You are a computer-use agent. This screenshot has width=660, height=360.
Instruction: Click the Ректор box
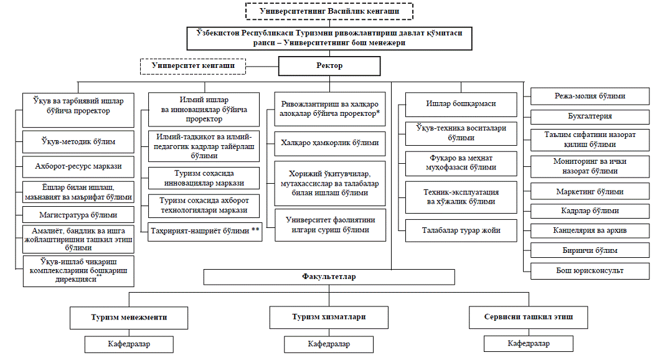[x=329, y=66]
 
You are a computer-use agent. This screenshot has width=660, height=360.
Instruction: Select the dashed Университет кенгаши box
[x=192, y=65]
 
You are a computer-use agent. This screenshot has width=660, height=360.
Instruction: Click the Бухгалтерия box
[x=589, y=116]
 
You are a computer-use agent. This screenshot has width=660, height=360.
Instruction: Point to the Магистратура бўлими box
[x=78, y=216]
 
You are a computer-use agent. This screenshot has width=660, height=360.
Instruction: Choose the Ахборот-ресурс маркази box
[x=78, y=166]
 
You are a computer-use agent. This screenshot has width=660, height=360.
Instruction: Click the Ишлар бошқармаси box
[x=461, y=104]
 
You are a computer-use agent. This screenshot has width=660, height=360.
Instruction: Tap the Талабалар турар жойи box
[x=461, y=230]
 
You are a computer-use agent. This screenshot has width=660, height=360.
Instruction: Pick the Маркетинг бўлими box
[x=589, y=192]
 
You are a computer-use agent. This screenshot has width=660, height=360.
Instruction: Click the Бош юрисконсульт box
[x=589, y=271]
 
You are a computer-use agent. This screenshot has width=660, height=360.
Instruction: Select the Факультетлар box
[x=328, y=275]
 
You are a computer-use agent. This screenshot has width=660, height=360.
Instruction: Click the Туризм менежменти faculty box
[x=129, y=317]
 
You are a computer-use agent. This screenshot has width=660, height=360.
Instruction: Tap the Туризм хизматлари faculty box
[x=328, y=317]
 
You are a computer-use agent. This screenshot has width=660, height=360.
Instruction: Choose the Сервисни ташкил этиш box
[x=528, y=317]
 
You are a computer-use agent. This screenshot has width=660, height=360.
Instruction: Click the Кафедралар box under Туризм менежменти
[x=129, y=343]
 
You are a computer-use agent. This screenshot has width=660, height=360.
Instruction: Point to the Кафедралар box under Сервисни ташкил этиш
[x=528, y=343]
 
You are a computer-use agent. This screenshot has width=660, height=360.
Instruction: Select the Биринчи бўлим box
[x=589, y=250]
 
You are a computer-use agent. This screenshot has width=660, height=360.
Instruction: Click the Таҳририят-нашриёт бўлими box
[x=205, y=231]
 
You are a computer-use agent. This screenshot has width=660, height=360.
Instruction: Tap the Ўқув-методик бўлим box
[x=78, y=142]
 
